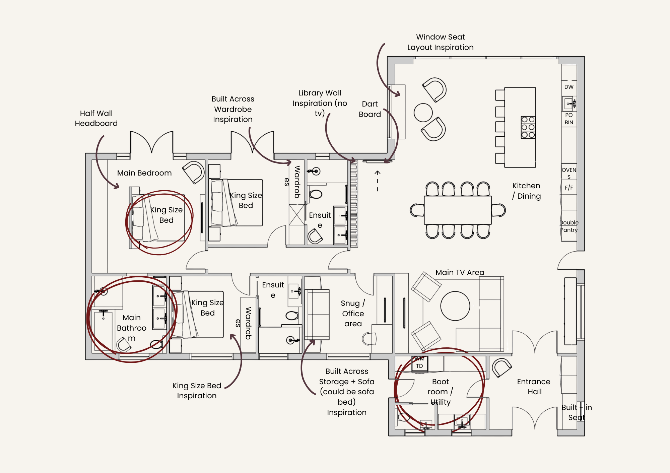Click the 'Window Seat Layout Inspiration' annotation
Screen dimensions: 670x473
pyautogui.click(x=440, y=42)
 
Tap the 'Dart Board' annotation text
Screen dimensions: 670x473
pyautogui.click(x=370, y=109)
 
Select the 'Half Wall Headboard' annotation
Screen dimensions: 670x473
pyautogui.click(x=96, y=118)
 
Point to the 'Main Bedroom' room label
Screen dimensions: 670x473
pyautogui.click(x=144, y=173)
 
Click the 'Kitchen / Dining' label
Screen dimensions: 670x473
pyautogui.click(x=526, y=191)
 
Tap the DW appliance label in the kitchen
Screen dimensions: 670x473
pyautogui.click(x=569, y=87)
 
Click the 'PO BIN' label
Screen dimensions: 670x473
pyautogui.click(x=569, y=119)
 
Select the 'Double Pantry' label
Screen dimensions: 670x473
pyautogui.click(x=569, y=226)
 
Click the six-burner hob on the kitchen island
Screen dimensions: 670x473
pyautogui.click(x=528, y=127)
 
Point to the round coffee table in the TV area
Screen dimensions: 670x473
pyautogui.click(x=455, y=306)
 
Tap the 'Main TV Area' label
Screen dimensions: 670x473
pyautogui.click(x=460, y=272)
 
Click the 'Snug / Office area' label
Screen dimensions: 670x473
pyautogui.click(x=353, y=313)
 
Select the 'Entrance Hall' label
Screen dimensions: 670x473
pyautogui.click(x=534, y=387)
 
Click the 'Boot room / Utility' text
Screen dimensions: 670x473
pyautogui.click(x=440, y=392)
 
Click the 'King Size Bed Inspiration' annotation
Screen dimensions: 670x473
pyautogui.click(x=197, y=391)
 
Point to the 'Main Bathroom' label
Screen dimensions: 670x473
pyautogui.click(x=132, y=328)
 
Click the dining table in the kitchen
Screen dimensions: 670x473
pyautogui.click(x=458, y=210)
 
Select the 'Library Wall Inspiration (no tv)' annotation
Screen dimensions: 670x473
pyautogui.click(x=320, y=103)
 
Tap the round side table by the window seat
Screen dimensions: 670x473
pyautogui.click(x=423, y=113)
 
